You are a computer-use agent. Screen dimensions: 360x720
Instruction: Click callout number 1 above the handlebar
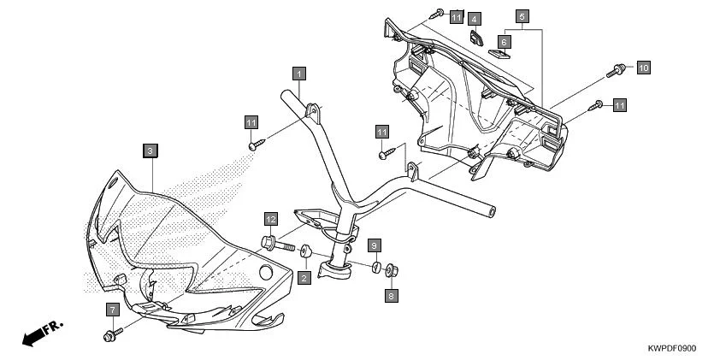[298, 74]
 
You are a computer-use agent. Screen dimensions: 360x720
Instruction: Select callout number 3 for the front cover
[150, 150]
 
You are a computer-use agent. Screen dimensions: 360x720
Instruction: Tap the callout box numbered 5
[522, 15]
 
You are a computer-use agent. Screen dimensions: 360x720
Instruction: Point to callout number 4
[476, 18]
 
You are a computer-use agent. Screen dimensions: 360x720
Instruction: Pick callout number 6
[505, 41]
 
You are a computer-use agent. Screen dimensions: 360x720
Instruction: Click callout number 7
[112, 308]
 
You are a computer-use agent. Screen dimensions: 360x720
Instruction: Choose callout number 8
[392, 296]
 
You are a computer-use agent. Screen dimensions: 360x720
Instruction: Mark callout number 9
[374, 245]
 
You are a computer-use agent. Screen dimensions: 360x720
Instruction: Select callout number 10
[643, 66]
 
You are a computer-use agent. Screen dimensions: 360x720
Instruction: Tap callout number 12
[269, 219]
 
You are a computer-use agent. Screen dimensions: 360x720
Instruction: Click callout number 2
[304, 278]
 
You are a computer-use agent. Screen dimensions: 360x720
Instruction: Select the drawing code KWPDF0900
[671, 348]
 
